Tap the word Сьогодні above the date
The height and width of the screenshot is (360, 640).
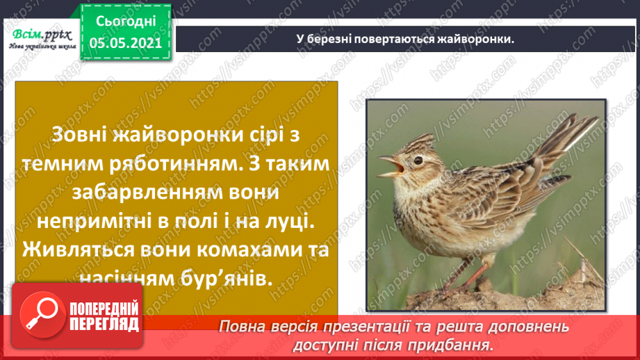click(126, 22)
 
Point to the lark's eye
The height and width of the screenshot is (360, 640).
click(418, 161)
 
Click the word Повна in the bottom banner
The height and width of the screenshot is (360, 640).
click(241, 326)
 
